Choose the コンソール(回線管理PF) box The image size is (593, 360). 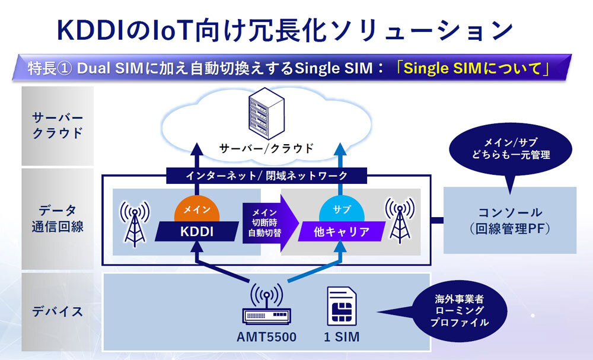pos(510,220)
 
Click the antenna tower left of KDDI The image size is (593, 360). pos(135,222)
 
